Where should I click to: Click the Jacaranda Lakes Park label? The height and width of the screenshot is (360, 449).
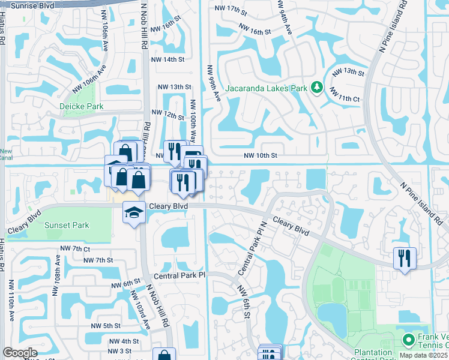(x=266, y=89)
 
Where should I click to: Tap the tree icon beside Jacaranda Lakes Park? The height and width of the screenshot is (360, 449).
(x=316, y=89)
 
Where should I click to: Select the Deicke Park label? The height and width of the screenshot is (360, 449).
(x=82, y=106)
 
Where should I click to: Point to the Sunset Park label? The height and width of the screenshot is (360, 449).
(x=66, y=226)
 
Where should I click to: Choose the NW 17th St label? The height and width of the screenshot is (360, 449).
(x=231, y=11)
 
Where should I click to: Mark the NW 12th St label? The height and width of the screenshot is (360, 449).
(x=167, y=113)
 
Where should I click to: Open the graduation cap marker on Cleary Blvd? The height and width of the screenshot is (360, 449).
(x=134, y=211)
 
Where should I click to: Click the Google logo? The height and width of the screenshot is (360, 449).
(x=19, y=353)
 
